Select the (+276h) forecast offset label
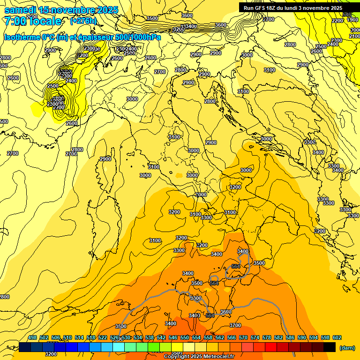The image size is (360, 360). pos(83,21)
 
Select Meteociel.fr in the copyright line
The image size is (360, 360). pos(217,357)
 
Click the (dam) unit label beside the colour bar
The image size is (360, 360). pos(346,347)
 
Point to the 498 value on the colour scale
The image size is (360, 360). pos(32,338)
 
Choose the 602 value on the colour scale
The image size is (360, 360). pos(337,338)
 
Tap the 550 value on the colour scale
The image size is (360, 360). pos(185,338)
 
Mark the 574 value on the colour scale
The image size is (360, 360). pos(255,338)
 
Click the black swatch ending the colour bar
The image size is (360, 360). pos(330,347)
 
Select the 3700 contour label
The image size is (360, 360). pos(235,325)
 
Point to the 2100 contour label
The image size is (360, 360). pos(355,36)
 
